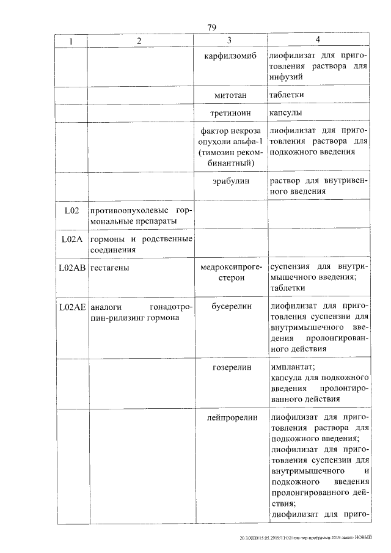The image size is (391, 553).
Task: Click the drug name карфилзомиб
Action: (228, 56)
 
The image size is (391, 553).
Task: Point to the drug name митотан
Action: (228, 95)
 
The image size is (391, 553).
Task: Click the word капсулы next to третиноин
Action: (287, 113)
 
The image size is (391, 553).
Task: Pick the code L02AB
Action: (71, 268)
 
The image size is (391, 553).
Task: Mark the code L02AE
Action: (71, 307)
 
